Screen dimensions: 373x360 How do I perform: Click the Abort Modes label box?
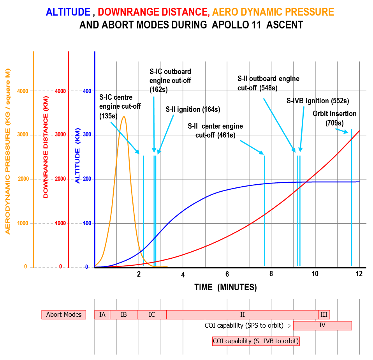(x=64, y=314)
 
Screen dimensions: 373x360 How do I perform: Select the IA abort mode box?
(x=102, y=314)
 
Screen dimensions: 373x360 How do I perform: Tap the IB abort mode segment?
(x=124, y=314)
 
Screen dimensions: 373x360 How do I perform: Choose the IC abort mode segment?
(x=152, y=314)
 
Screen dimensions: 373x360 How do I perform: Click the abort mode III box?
(x=324, y=314)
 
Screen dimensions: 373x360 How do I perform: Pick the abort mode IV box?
(x=322, y=325)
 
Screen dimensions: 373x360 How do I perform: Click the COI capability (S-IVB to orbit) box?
(x=256, y=341)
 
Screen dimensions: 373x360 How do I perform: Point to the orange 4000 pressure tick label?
(x=23, y=91)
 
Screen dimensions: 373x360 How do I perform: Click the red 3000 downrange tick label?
(x=60, y=134)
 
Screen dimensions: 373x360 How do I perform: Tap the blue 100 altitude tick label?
(x=87, y=223)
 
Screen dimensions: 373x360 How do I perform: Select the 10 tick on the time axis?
(x=315, y=274)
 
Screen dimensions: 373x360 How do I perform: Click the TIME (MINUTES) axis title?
(x=225, y=287)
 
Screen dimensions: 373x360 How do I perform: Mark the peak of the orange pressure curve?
(x=124, y=116)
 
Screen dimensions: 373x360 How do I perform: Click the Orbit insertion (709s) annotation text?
(x=334, y=118)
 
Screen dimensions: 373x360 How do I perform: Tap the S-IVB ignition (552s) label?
(x=318, y=101)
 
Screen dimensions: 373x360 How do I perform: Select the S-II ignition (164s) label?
(x=193, y=109)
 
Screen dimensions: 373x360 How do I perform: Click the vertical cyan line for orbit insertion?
(x=352, y=198)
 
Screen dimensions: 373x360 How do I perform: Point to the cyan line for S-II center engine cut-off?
(x=264, y=211)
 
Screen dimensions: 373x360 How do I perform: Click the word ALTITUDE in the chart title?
(x=68, y=12)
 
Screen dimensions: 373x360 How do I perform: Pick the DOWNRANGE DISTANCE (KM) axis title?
(x=46, y=147)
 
